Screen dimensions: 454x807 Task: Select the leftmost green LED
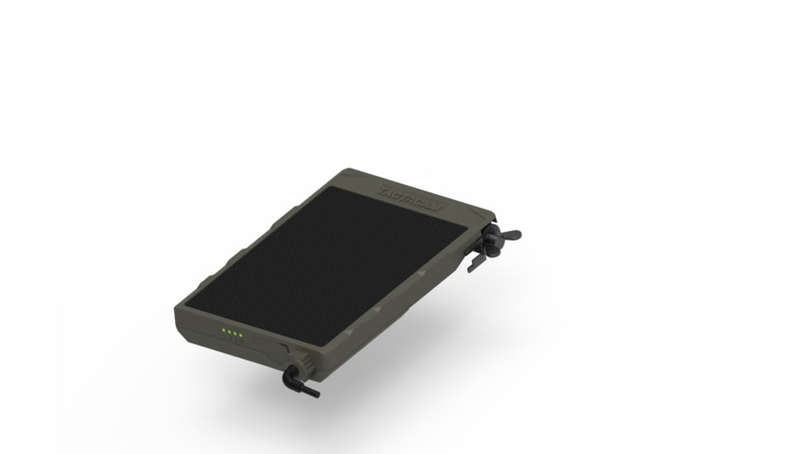(x=223, y=333)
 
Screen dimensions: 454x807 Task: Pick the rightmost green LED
(x=241, y=335)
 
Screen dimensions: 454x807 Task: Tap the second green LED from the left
(x=229, y=333)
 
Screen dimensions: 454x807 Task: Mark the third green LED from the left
(x=235, y=334)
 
